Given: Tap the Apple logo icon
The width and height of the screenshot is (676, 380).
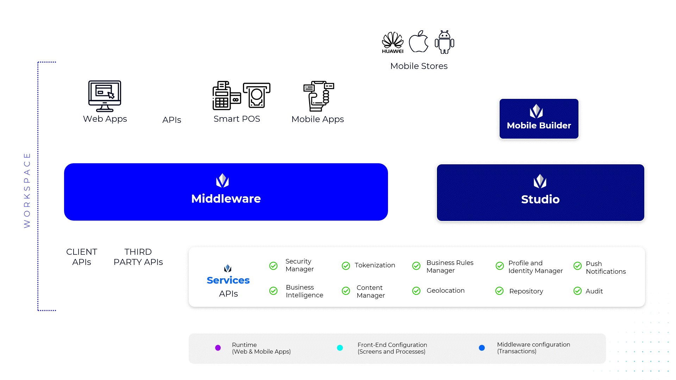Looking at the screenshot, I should tap(419, 42).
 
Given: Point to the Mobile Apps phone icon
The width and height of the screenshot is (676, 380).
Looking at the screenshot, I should tap(319, 96).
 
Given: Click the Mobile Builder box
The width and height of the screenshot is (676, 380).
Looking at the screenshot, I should tap(539, 119).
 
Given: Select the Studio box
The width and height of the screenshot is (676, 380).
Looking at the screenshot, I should tap(540, 192).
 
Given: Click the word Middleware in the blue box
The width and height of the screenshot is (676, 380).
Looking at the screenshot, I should tap(226, 199).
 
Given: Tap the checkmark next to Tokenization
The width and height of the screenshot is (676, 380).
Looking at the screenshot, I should tap(346, 266).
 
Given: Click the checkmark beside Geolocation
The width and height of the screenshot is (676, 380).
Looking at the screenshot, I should tap(416, 291).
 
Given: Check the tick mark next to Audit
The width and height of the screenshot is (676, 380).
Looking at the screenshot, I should tap(577, 291).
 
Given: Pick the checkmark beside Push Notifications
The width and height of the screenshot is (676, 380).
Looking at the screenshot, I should tap(577, 266).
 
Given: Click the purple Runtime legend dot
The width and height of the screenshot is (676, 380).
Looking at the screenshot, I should tap(218, 348).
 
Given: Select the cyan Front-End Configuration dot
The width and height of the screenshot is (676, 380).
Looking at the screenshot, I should tap(340, 348).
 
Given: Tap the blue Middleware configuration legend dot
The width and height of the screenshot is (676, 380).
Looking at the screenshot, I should tap(482, 348).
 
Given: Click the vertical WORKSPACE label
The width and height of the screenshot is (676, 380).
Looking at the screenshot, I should tap(27, 190).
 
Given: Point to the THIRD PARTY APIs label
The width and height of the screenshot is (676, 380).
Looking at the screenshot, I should tap(138, 257).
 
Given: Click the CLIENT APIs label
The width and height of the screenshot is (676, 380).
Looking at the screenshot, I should tap(82, 257).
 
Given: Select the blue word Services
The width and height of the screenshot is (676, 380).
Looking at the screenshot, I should tap(228, 280).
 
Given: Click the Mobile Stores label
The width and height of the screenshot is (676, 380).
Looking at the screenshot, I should tap(419, 66).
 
